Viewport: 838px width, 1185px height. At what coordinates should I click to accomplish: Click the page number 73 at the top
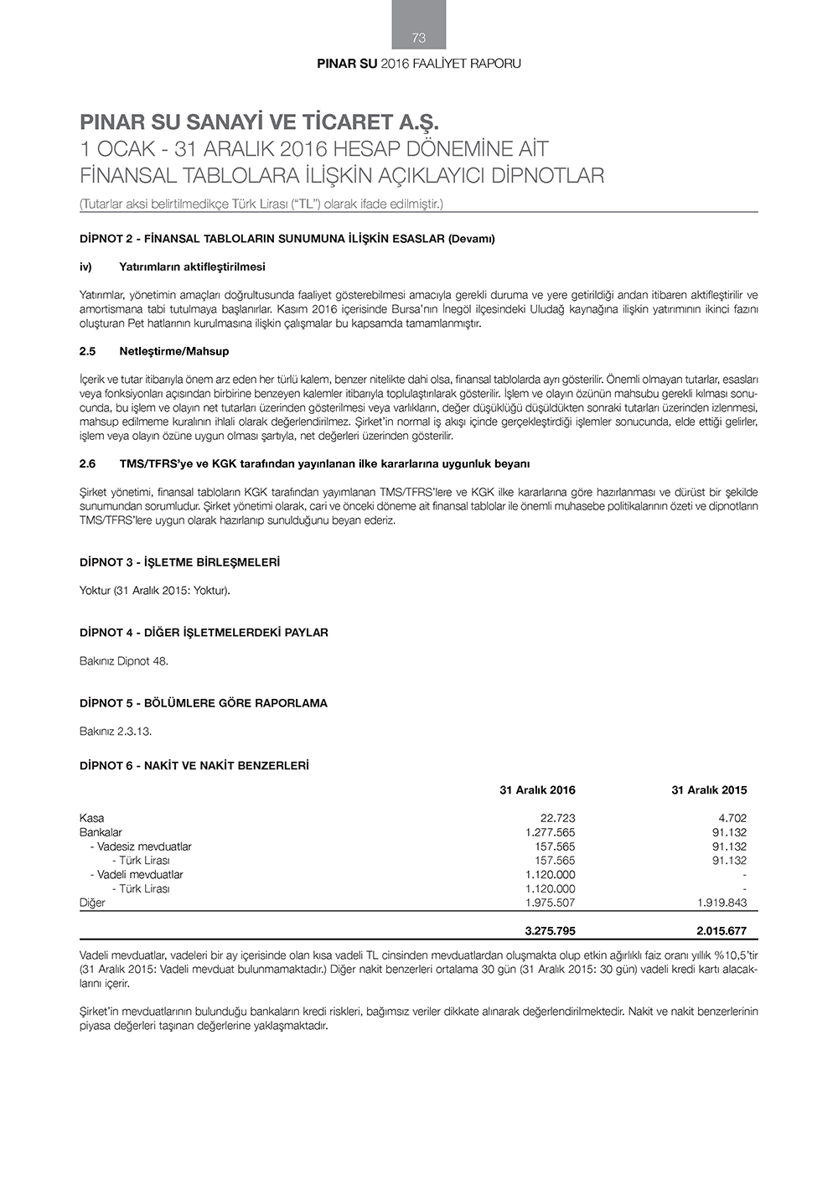pyautogui.click(x=419, y=38)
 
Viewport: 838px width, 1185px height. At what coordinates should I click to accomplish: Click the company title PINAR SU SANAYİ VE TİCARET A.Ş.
pyautogui.click(x=259, y=122)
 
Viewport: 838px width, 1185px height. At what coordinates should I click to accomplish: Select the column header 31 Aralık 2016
pyautogui.click(x=537, y=789)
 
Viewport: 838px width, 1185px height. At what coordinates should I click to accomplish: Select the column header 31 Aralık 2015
pyautogui.click(x=709, y=789)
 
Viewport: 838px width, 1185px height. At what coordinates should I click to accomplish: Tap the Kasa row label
pyautogui.click(x=92, y=818)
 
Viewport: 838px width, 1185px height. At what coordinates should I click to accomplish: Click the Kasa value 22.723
pyautogui.click(x=557, y=818)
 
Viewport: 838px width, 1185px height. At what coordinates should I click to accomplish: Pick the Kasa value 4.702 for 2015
pyautogui.click(x=732, y=818)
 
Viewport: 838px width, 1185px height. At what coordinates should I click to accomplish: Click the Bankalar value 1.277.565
pyautogui.click(x=550, y=832)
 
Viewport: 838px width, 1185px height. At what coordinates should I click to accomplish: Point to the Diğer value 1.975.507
pyautogui.click(x=550, y=903)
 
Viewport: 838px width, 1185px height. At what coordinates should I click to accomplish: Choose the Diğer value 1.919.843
pyautogui.click(x=721, y=903)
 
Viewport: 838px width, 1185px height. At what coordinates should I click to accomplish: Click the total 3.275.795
pyautogui.click(x=550, y=930)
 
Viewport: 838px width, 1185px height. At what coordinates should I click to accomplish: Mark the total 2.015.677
pyautogui.click(x=721, y=930)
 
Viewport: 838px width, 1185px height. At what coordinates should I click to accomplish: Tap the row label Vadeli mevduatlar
pyautogui.click(x=140, y=874)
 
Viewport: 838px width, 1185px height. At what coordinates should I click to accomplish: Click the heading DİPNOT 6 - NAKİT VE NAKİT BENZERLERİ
pyautogui.click(x=194, y=765)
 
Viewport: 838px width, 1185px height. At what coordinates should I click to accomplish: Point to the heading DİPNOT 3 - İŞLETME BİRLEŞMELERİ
pyautogui.click(x=179, y=562)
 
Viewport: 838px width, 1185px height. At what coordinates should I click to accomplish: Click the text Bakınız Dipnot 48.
pyautogui.click(x=124, y=661)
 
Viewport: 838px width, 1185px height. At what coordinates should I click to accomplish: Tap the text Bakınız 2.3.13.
pyautogui.click(x=116, y=732)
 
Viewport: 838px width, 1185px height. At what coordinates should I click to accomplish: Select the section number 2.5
pyautogui.click(x=88, y=351)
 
